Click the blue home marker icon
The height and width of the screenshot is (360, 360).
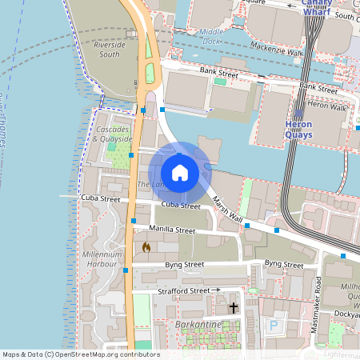pyautogui.click(x=180, y=173)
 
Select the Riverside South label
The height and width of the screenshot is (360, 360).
pyautogui.click(x=110, y=50)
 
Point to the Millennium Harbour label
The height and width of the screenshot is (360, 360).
pyautogui.click(x=101, y=258)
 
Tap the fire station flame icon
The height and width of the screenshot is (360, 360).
pyautogui.click(x=146, y=248)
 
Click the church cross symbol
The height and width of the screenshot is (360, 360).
pyautogui.click(x=234, y=307)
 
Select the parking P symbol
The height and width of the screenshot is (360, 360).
pyautogui.click(x=274, y=326)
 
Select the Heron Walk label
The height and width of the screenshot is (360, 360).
pyautogui.click(x=326, y=106)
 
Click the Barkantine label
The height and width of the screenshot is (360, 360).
pyautogui.click(x=198, y=325)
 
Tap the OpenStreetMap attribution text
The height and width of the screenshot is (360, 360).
pyautogui.click(x=80, y=354)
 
